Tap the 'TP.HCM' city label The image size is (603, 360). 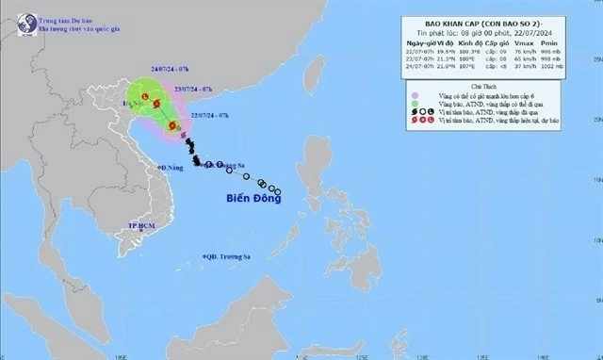[146, 227]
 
